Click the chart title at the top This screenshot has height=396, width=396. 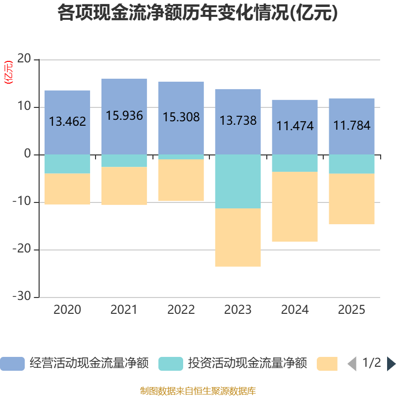(198, 13)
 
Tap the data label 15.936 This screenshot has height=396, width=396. (124, 116)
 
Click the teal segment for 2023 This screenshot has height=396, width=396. (238, 181)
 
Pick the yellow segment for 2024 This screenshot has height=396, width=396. (295, 207)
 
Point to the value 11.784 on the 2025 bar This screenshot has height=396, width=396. (351, 126)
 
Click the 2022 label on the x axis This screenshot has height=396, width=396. (181, 310)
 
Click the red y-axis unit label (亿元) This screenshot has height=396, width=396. (8, 73)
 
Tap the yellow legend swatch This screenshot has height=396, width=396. (327, 363)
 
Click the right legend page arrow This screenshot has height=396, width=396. (391, 363)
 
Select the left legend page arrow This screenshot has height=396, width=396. (352, 363)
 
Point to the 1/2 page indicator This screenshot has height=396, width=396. (371, 363)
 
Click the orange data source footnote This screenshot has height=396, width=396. (198, 391)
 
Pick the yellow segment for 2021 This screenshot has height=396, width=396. (124, 186)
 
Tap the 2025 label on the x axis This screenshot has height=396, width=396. (351, 310)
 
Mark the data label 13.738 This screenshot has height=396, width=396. (238, 120)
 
